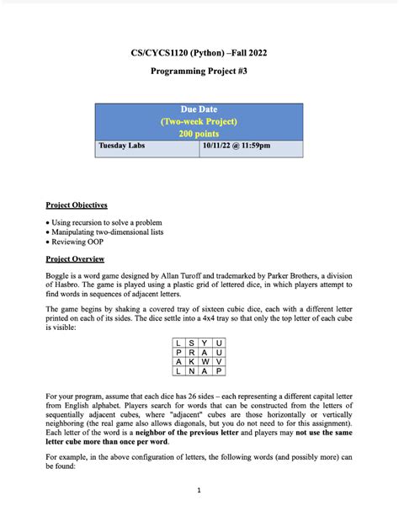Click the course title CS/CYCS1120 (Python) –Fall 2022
(x=199, y=52)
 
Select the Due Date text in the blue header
(x=199, y=110)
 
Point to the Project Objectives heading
(x=76, y=205)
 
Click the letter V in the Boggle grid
(x=220, y=362)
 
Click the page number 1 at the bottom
(x=199, y=489)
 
